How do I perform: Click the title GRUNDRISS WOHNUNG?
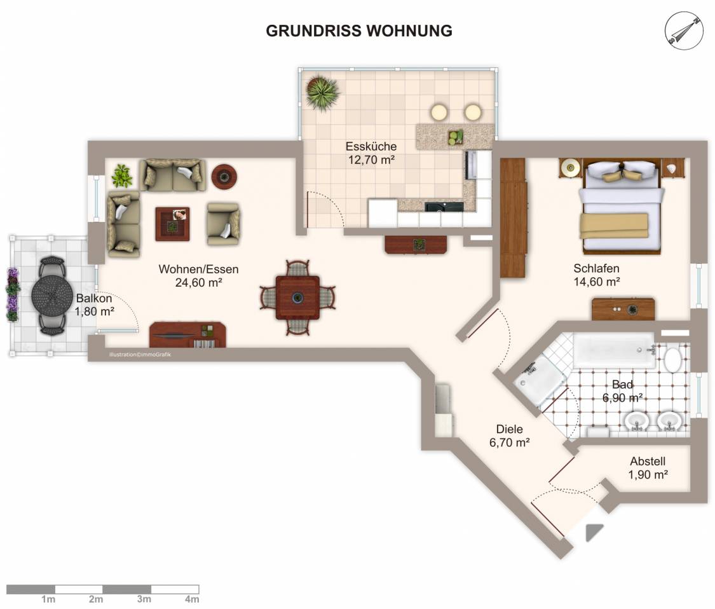coord(359,31)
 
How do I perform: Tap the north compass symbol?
coord(683,31)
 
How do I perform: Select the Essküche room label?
coord(371,153)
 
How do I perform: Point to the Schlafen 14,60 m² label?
coord(596,275)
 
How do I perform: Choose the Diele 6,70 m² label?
coord(509,435)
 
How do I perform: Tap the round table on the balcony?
coord(52,295)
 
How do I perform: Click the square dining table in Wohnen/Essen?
coord(297,298)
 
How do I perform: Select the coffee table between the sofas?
coord(172,224)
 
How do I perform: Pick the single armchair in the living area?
coord(224,224)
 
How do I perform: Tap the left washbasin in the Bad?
coord(637,420)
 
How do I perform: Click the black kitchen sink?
coord(444,207)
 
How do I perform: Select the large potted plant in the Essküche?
coord(322,93)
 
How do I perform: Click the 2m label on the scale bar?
coord(96,599)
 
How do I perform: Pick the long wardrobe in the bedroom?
coord(514,217)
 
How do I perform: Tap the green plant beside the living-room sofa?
coord(122,175)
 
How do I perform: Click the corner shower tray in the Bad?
coord(540,381)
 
